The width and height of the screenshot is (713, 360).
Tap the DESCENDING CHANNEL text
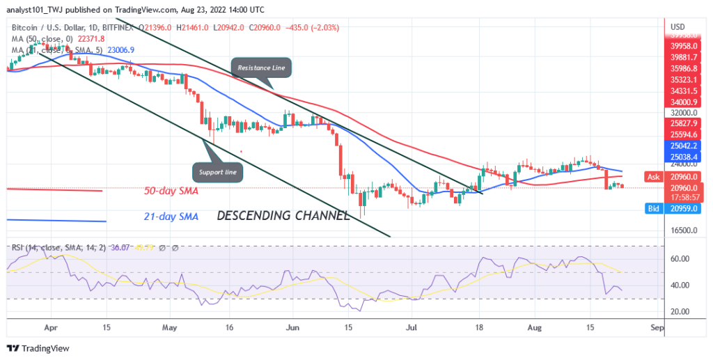pos(283,216)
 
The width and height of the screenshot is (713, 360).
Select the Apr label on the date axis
pos(49,325)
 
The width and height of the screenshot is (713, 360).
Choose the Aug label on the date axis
pos(535,325)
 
